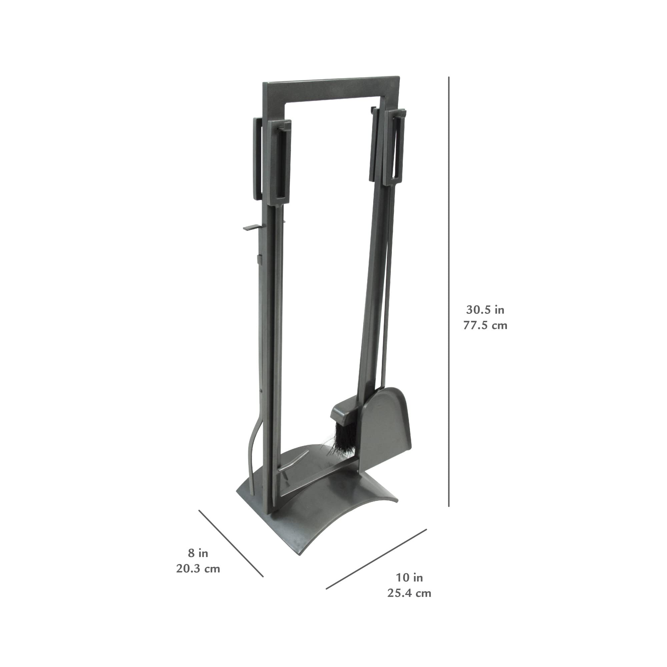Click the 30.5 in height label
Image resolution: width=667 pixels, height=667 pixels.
point(485,310)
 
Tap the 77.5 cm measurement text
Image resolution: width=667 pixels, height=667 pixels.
point(485,325)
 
